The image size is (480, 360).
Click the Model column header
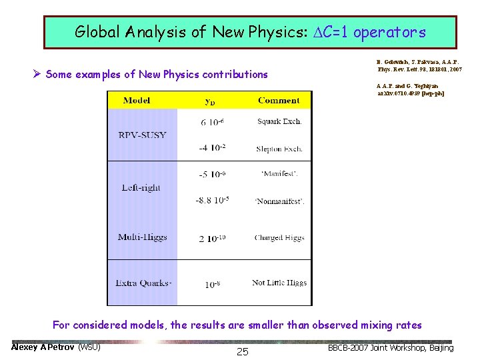pos(137,101)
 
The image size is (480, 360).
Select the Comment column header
pos(279,101)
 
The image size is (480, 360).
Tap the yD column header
pos(210,101)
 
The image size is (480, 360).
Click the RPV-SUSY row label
pos(142,135)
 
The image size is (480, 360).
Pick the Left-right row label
pos(141,187)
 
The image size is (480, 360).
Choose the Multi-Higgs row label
pos(142,237)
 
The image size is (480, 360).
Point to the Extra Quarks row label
pos(143,283)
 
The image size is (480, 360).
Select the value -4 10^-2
pos(212,148)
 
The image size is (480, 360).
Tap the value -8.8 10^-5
pos(212,200)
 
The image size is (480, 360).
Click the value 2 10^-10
pos(213,238)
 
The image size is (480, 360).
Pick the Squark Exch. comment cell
pos(279,121)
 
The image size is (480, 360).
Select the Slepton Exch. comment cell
pos(279,149)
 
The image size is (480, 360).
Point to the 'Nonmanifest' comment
pos(279,201)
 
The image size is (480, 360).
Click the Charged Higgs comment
pos(279,237)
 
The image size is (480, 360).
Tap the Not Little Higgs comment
pos(279,283)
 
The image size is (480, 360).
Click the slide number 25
pos(243,351)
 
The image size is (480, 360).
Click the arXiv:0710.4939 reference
pos(411,93)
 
